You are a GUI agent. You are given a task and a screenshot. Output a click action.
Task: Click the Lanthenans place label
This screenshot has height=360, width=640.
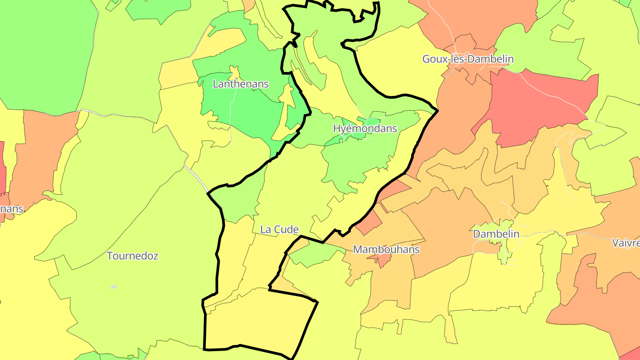tap(241, 84)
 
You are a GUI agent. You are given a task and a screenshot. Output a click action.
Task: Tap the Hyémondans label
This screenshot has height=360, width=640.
tap(365, 128)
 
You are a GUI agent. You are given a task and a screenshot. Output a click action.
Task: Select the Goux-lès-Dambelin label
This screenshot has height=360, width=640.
tap(468, 59)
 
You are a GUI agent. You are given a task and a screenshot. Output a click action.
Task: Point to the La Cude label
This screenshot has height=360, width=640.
tap(279, 229)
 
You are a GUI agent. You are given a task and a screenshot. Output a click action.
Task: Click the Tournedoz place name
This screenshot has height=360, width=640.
tap(132, 256)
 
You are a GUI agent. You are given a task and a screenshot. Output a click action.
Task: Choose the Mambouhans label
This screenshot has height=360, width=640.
tap(386, 249)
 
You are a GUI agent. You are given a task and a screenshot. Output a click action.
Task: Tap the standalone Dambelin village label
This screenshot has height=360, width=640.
tap(496, 234)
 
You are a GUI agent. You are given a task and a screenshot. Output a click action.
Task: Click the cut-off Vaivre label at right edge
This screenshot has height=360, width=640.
tap(626, 243)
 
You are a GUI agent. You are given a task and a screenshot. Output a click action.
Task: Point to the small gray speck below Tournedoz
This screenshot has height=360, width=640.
tap(114, 287)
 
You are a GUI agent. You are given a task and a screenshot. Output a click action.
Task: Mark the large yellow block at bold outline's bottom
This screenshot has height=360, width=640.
tap(258, 320)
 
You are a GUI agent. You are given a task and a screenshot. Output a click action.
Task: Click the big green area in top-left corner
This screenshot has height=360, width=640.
tap(44, 53)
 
